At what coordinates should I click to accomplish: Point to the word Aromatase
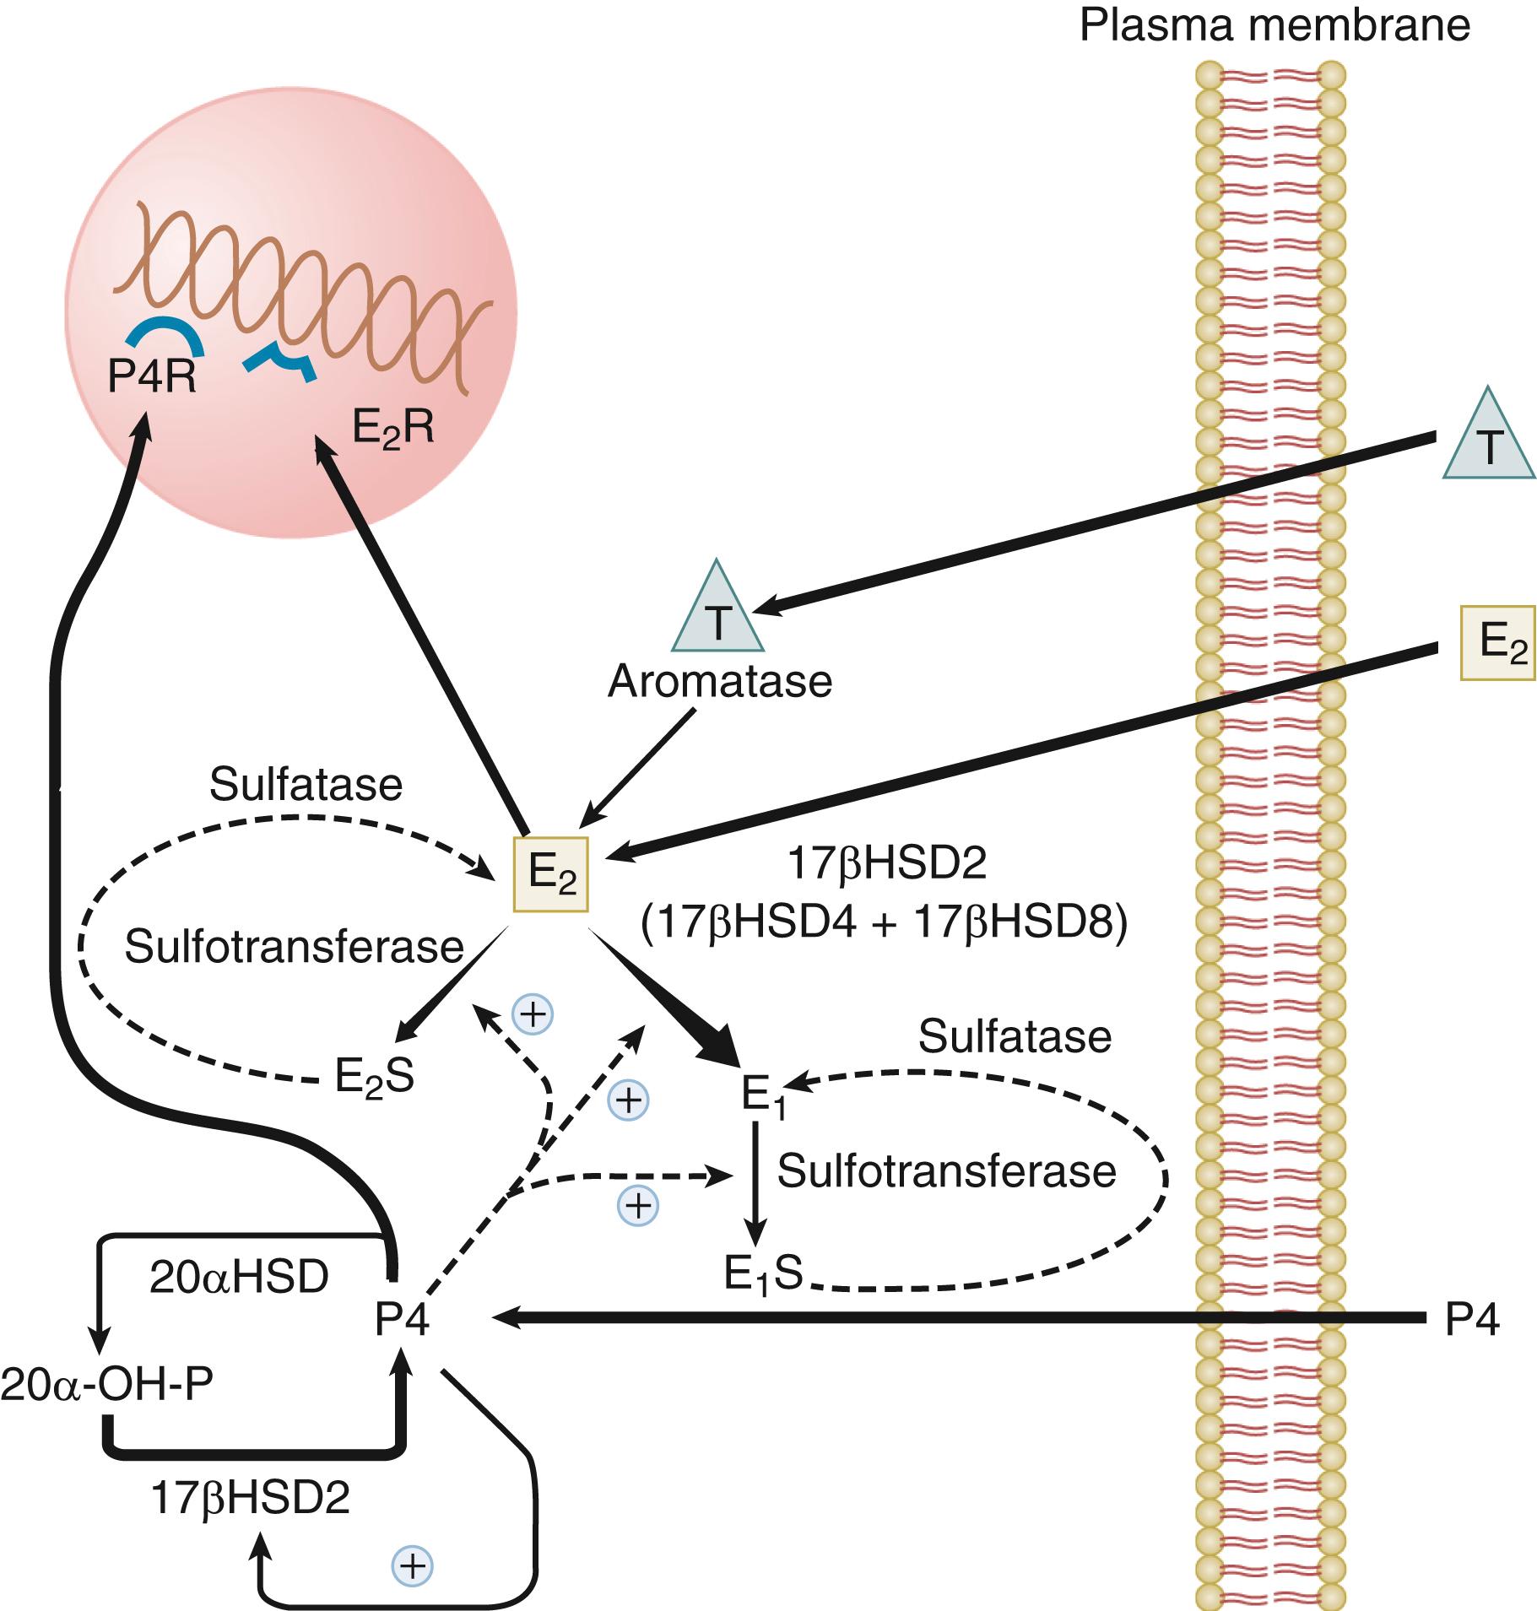(x=720, y=681)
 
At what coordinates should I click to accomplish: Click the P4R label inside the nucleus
(x=152, y=378)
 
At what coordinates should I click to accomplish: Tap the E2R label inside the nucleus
(x=392, y=429)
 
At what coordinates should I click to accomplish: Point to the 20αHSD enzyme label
(x=239, y=1279)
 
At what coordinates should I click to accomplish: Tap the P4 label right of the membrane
(x=1472, y=1322)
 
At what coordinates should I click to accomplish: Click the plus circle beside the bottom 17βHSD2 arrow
(x=412, y=1566)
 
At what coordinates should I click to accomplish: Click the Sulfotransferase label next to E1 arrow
(x=946, y=1171)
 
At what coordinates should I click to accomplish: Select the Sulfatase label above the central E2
(x=306, y=785)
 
